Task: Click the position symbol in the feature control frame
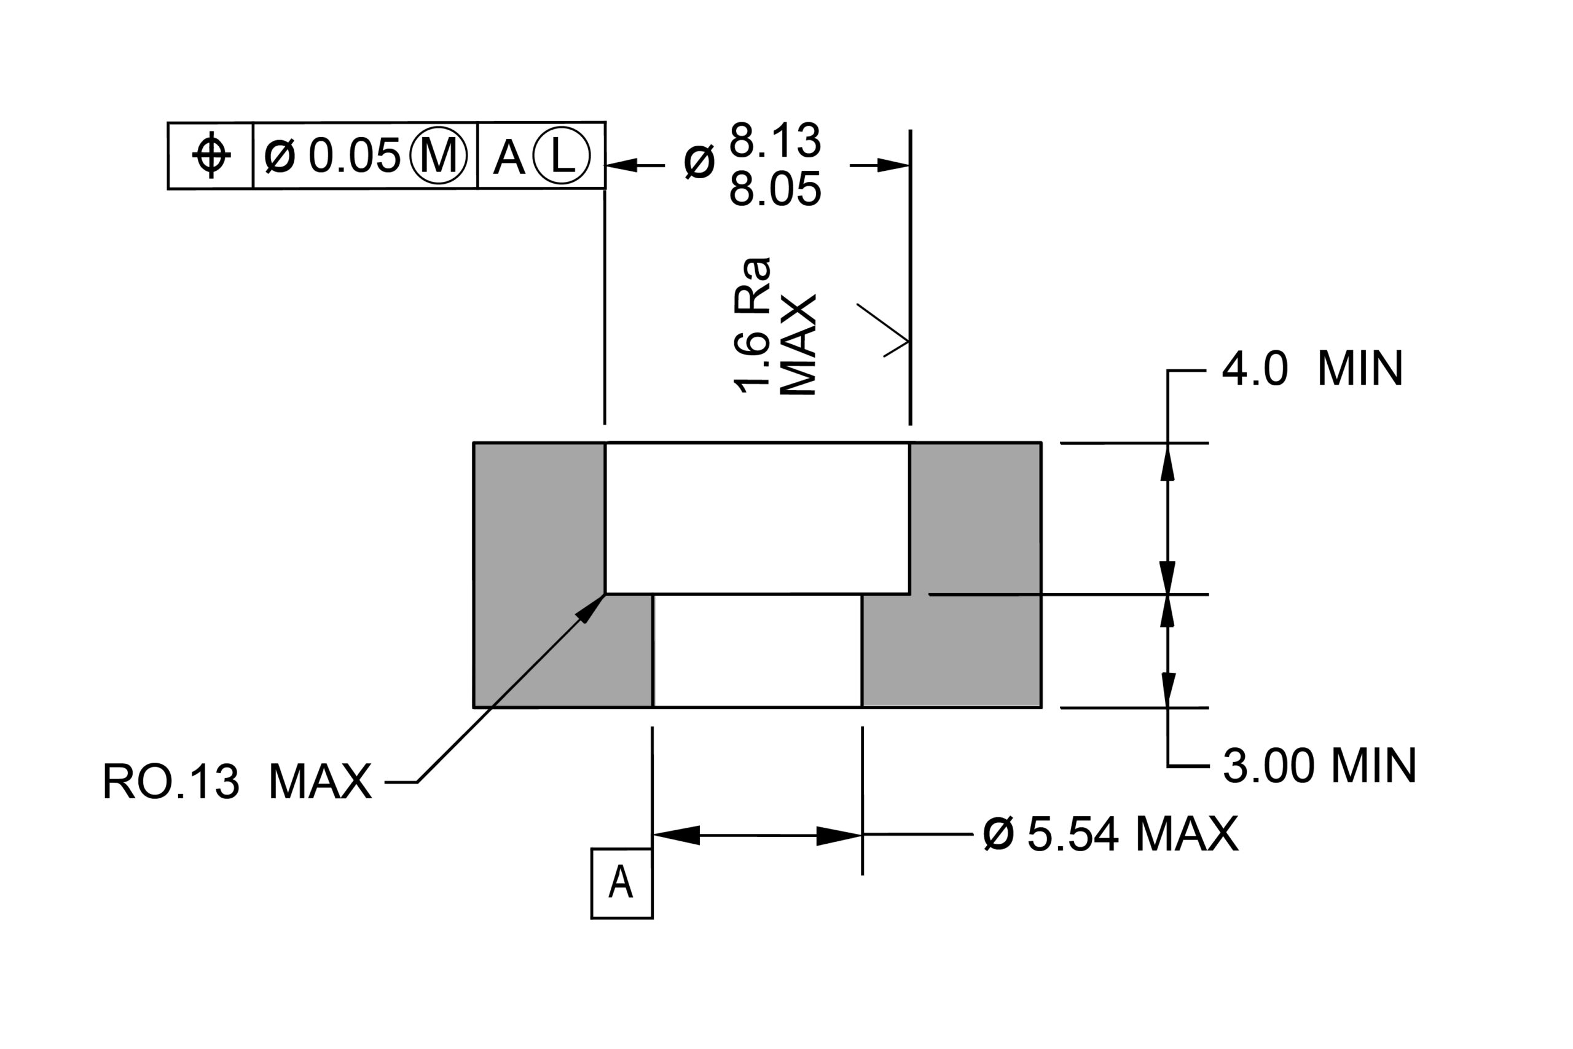211,155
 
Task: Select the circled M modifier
438,155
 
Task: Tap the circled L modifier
562,155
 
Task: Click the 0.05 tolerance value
355,155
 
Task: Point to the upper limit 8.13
775,141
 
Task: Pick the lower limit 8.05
775,189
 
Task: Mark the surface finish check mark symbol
883,331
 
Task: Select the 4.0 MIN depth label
1312,369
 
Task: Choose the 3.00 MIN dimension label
1319,766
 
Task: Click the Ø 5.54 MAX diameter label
1111,835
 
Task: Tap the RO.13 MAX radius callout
237,782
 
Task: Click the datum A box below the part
621,883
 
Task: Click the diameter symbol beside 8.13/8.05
699,163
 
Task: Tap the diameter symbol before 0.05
280,155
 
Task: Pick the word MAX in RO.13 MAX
320,782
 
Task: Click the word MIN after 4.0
1360,369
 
